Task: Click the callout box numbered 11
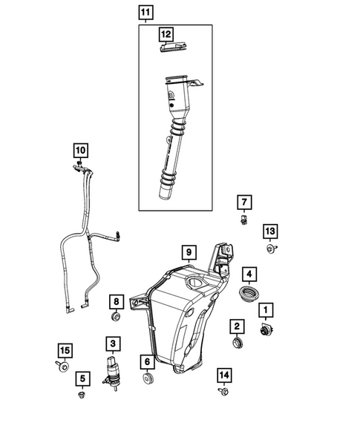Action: tap(145, 13)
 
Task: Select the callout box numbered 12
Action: tap(166, 34)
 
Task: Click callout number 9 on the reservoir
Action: tap(189, 253)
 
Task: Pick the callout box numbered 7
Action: tap(244, 202)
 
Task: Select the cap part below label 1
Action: tap(265, 330)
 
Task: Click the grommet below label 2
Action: tap(238, 344)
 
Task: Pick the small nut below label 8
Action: tap(116, 318)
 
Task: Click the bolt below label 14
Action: tap(223, 391)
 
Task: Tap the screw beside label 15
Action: tap(62, 367)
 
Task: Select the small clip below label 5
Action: tap(81, 396)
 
